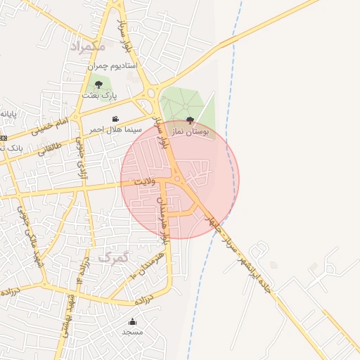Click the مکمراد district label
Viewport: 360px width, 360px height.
point(89,46)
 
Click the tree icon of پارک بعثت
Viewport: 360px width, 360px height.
point(108,84)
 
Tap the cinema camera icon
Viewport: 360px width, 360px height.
point(115,119)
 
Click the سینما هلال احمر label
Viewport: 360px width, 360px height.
point(115,129)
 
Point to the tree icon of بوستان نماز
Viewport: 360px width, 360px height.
point(190,120)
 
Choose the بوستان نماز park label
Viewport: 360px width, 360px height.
point(190,131)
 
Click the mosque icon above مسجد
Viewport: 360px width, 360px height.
point(132,322)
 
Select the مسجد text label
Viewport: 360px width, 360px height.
point(132,332)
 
